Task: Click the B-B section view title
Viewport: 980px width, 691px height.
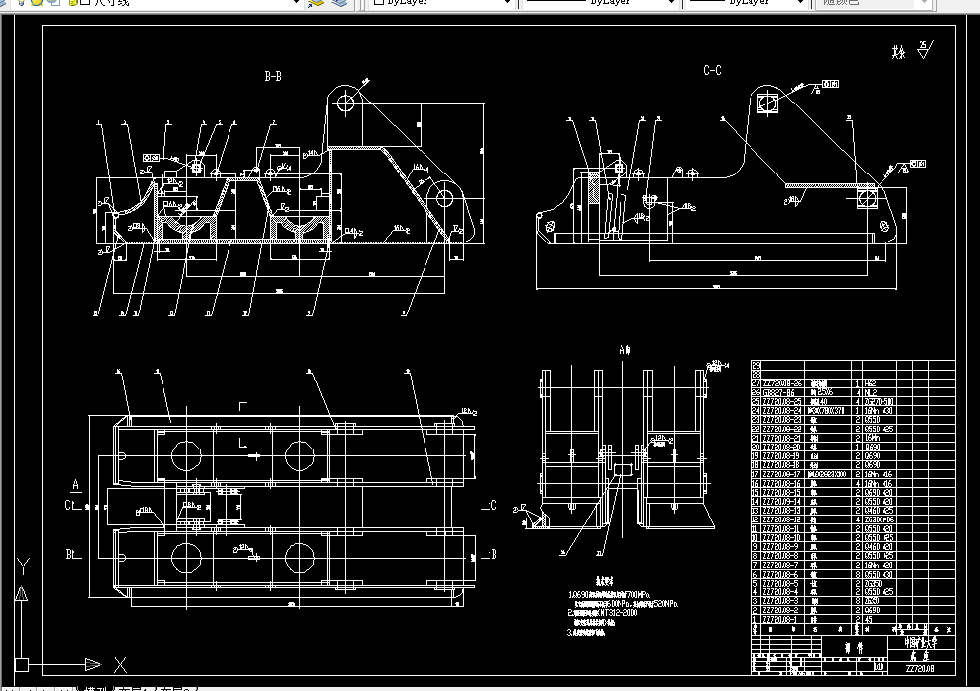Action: [x=273, y=75]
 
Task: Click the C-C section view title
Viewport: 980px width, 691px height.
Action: [x=712, y=70]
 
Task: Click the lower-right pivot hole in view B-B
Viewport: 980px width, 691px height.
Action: [x=443, y=198]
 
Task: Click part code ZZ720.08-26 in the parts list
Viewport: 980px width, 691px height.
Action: [x=779, y=382]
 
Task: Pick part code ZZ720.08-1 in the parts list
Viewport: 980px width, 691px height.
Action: [x=777, y=619]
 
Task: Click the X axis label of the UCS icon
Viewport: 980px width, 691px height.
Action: [x=120, y=662]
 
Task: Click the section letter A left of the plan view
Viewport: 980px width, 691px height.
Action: [x=75, y=484]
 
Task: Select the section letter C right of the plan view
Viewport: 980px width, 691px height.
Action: [x=492, y=506]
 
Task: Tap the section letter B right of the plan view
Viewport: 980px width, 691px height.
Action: [x=492, y=555]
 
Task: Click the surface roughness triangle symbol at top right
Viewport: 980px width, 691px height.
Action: [x=922, y=46]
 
